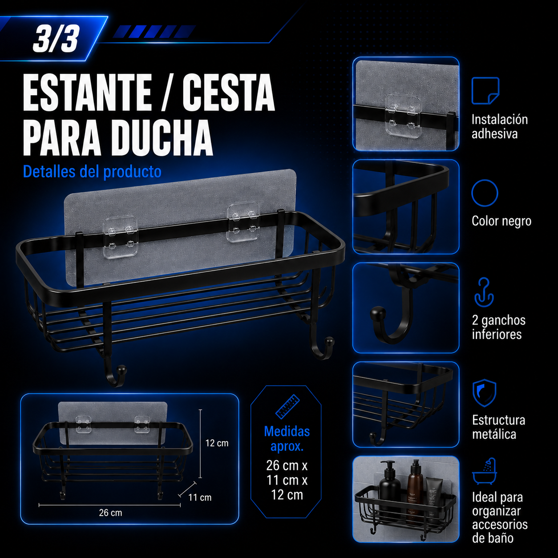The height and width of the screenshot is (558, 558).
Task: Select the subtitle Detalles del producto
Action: tap(92, 172)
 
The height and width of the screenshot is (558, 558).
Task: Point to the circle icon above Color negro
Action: tap(485, 193)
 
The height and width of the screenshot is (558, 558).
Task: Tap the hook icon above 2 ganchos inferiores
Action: tap(484, 292)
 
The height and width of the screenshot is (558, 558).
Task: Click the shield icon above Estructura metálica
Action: tap(484, 393)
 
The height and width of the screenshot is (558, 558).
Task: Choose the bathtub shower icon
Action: tap(485, 471)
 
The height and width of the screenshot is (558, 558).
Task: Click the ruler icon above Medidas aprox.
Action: tap(287, 407)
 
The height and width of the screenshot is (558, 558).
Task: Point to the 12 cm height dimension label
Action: tap(217, 443)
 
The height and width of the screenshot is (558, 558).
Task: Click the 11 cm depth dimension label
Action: tap(200, 497)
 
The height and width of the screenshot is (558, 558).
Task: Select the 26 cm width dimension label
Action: tap(110, 513)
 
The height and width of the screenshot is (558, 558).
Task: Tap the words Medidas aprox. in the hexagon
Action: tap(287, 439)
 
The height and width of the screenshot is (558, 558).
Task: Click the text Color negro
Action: tap(501, 221)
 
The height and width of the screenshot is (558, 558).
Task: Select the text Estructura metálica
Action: tap(499, 427)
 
